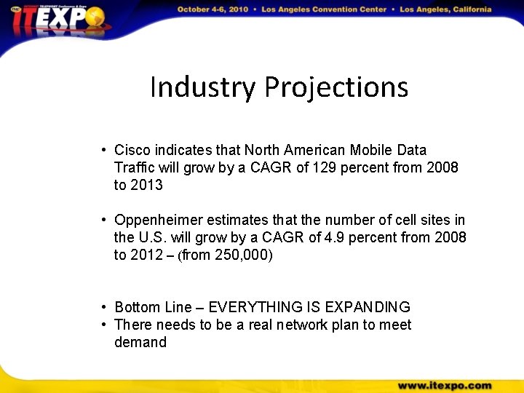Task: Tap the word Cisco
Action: pyautogui.click(x=132, y=150)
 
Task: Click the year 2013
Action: pyautogui.click(x=147, y=185)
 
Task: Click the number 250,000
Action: pyautogui.click(x=244, y=255)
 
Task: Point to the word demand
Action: pyautogui.click(x=140, y=342)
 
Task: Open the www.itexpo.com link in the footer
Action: pyautogui.click(x=445, y=385)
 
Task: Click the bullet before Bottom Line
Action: pyautogui.click(x=106, y=307)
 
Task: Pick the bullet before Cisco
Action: pyautogui.click(x=106, y=150)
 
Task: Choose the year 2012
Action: pyautogui.click(x=147, y=255)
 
